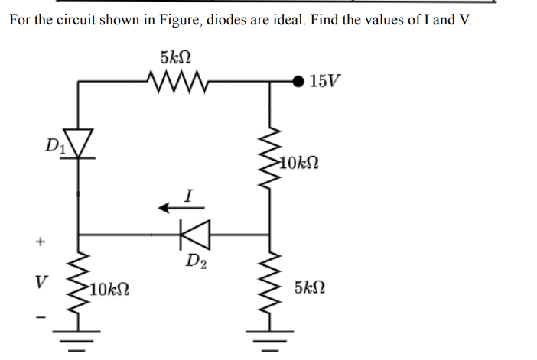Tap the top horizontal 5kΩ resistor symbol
[x=176, y=80]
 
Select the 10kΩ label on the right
[x=298, y=162]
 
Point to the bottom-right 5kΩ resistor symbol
[x=269, y=289]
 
